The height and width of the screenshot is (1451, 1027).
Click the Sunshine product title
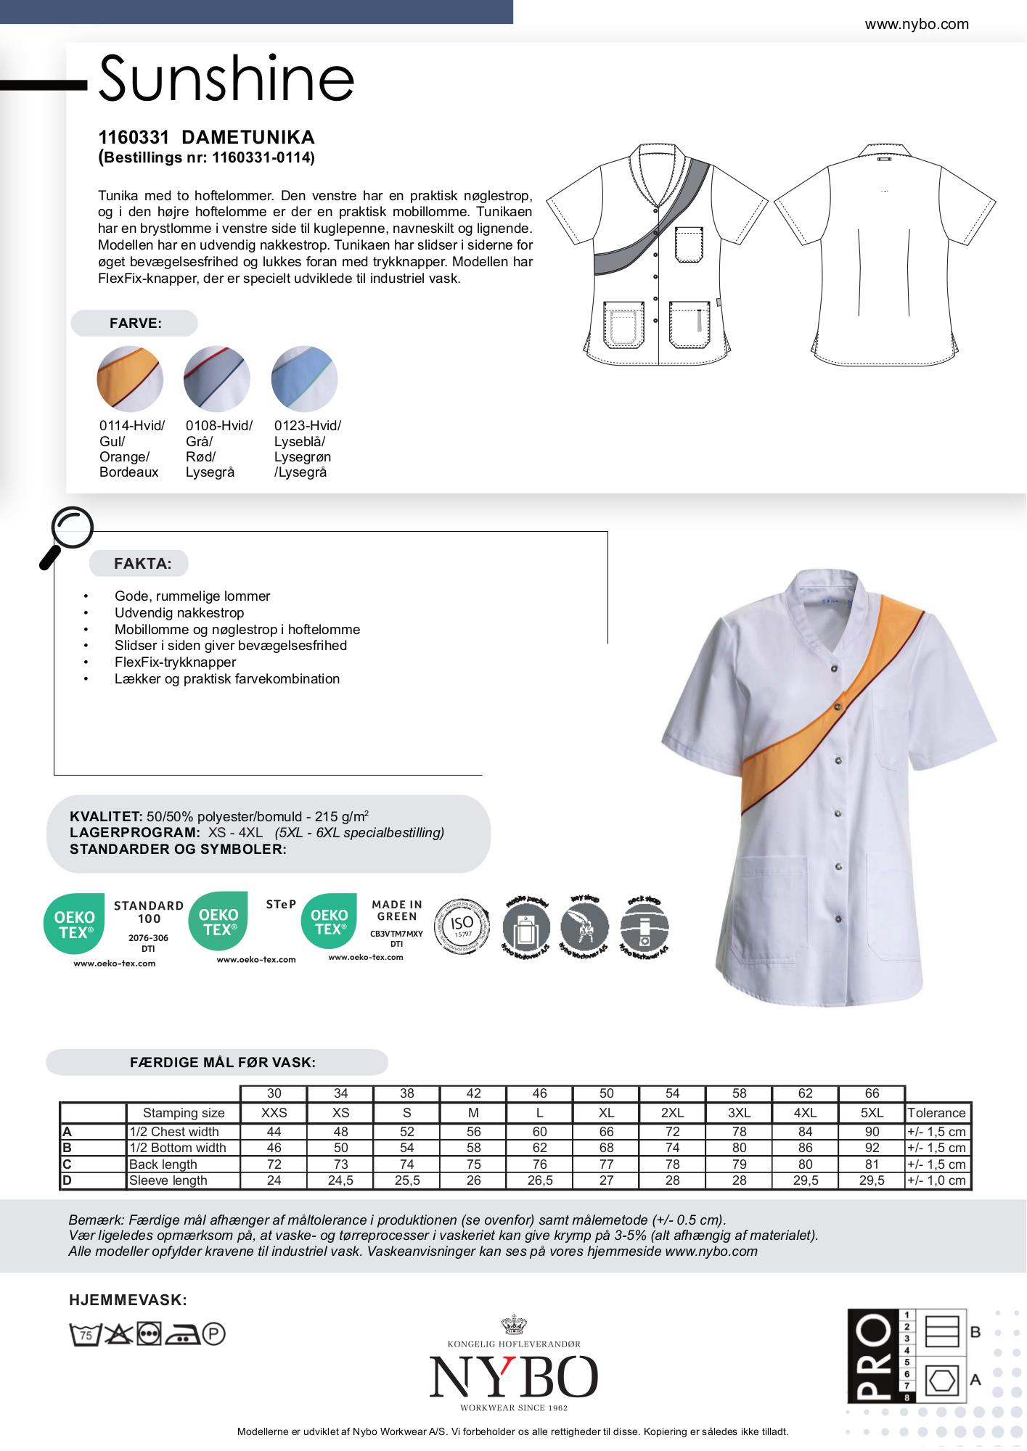[226, 78]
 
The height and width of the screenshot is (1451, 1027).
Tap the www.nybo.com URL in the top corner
[916, 25]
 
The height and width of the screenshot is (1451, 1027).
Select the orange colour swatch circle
[130, 379]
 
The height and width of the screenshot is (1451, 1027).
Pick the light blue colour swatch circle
[304, 379]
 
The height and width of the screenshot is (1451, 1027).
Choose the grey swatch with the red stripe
[217, 379]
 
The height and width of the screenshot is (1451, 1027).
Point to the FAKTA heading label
[142, 564]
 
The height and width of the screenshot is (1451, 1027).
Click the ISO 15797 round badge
[462, 928]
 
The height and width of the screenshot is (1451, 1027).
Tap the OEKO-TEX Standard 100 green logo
[74, 924]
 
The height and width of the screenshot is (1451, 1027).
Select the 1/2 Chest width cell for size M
[473, 1132]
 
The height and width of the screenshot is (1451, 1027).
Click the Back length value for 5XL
[872, 1164]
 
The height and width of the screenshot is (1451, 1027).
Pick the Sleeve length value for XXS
[274, 1180]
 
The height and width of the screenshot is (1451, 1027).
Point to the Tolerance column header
[936, 1113]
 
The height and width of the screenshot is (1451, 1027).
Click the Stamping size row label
[184, 1113]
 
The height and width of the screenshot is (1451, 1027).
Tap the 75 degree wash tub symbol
[84, 1333]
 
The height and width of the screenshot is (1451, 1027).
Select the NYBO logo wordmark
[513, 1377]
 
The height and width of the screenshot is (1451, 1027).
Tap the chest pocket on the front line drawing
[689, 244]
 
